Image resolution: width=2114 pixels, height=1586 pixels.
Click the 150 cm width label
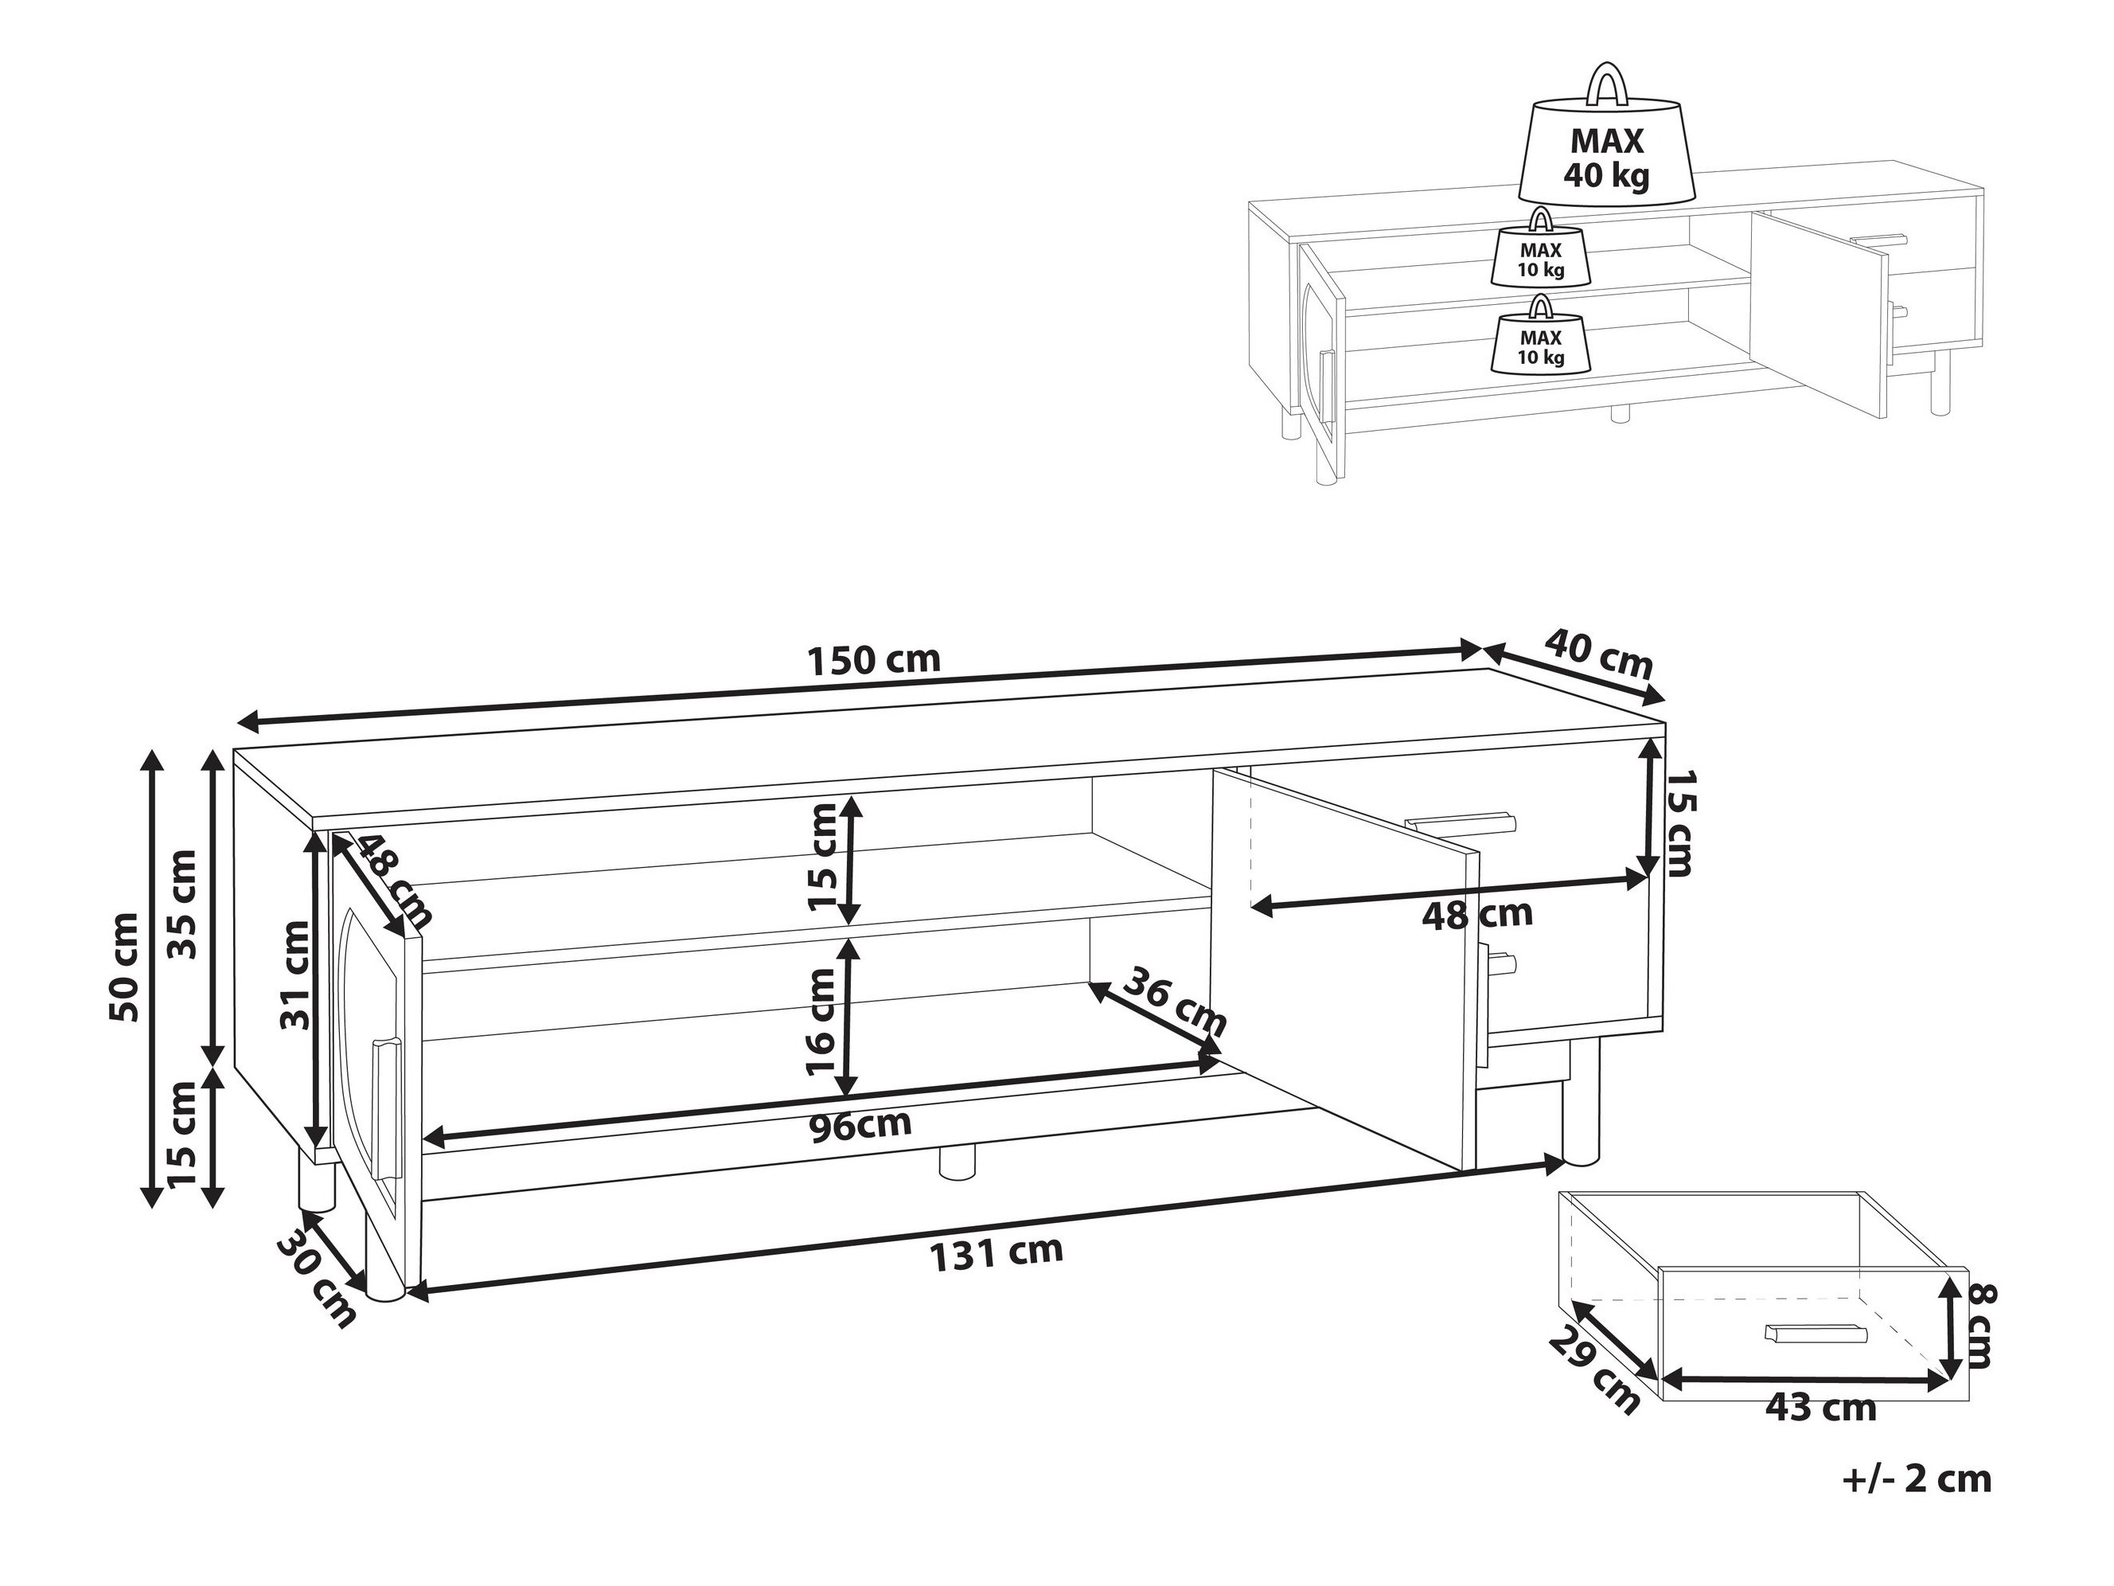(875, 659)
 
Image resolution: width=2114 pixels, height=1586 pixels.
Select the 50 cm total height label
(125, 967)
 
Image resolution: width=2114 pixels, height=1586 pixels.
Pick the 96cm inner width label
(860, 1125)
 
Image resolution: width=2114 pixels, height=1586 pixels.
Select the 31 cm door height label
(296, 975)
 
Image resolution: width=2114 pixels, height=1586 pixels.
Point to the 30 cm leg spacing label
(316, 1281)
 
